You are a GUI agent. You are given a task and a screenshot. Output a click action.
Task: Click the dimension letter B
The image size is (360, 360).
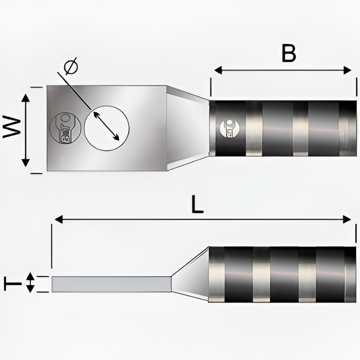click(x=289, y=53)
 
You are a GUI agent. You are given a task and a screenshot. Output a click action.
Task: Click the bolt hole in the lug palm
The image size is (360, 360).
click(x=107, y=127)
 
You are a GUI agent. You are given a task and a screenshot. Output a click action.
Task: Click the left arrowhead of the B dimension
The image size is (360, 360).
click(x=217, y=70)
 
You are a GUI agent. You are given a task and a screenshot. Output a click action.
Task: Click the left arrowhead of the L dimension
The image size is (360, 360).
click(x=58, y=220)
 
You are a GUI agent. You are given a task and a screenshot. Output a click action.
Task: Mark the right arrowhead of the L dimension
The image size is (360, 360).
click(x=348, y=220)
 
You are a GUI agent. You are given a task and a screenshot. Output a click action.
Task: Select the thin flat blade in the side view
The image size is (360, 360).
click(x=111, y=284)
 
